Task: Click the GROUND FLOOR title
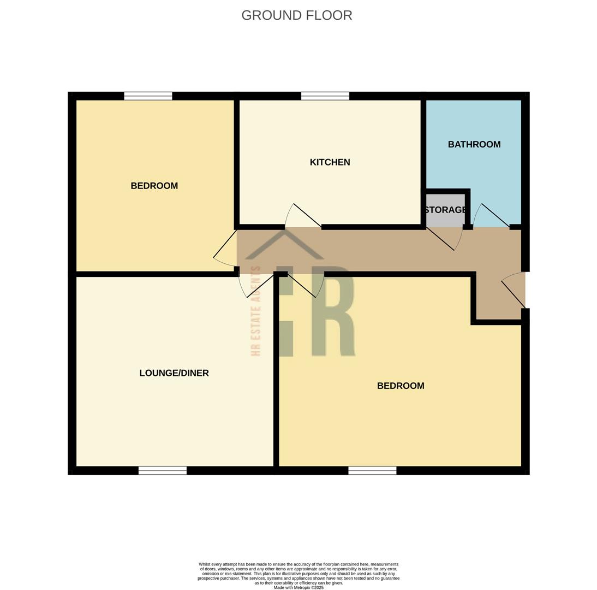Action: click(x=297, y=15)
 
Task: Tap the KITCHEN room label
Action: click(x=330, y=162)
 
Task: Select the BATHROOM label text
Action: click(x=474, y=144)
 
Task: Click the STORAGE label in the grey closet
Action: click(x=445, y=210)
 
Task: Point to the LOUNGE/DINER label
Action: click(x=174, y=373)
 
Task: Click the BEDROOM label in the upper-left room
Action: click(x=154, y=186)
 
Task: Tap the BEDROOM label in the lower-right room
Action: click(x=401, y=386)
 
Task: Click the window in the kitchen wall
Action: click(x=325, y=96)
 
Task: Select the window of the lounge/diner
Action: click(x=163, y=470)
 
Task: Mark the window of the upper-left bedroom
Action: click(x=148, y=96)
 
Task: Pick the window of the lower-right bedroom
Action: click(x=372, y=470)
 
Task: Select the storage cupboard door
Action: click(x=445, y=239)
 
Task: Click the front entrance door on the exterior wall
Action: click(x=514, y=290)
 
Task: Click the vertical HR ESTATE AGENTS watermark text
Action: click(x=256, y=311)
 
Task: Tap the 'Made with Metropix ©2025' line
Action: click(x=298, y=588)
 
